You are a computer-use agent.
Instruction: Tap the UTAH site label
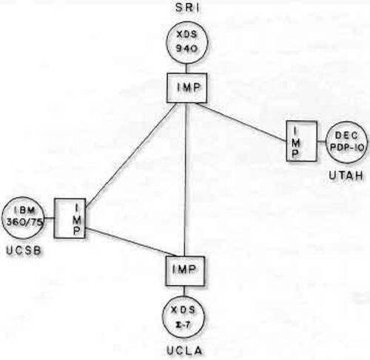pos(346,175)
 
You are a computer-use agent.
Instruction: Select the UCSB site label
pos(24,250)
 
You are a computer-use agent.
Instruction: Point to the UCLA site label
pos(184,350)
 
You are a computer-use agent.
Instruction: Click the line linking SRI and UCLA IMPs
pos(186,179)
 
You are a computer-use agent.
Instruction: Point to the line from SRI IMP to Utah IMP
pos(241,122)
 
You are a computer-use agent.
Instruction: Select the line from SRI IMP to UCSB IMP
pos(131,154)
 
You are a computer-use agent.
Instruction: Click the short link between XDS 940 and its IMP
pos(186,69)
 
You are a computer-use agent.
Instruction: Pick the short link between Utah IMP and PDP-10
pos(321,141)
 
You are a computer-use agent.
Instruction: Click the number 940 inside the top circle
pos(186,48)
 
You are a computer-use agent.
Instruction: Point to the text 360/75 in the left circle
pos(24,222)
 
